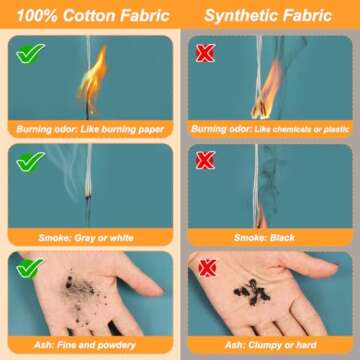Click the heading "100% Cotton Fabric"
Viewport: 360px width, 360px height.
[93, 15]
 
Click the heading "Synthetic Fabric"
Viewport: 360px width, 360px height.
[268, 15]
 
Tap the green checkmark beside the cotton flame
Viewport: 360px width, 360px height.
[30, 53]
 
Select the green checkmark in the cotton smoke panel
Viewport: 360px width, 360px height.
[30, 162]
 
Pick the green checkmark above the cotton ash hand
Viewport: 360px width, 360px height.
[30, 268]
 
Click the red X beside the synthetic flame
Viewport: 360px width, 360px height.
[205, 53]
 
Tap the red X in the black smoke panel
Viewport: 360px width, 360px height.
[205, 160]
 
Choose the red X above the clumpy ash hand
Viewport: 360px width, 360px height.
[207, 268]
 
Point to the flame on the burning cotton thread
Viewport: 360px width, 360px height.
[92, 77]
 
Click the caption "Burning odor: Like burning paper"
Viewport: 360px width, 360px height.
[90, 129]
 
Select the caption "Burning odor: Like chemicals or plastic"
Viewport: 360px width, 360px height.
[270, 129]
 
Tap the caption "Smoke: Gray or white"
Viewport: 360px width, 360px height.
[86, 238]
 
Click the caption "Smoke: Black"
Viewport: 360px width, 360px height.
[264, 238]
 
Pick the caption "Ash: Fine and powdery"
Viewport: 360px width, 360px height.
[85, 345]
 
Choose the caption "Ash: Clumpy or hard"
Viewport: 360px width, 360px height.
[270, 345]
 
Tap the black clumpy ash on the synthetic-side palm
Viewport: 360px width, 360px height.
[252, 291]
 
